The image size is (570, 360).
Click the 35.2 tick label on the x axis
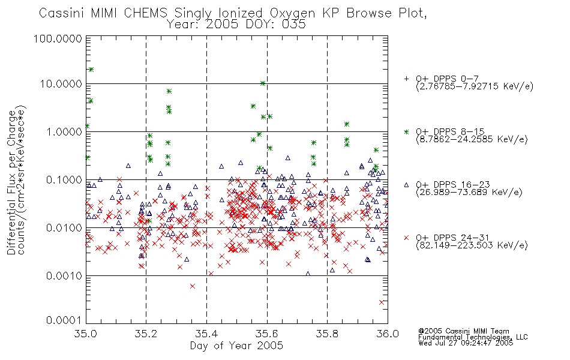146,334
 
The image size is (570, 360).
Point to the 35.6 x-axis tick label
267,334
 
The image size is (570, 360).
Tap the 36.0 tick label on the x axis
388,334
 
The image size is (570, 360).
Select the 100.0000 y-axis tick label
58,38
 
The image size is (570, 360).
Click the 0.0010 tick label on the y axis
64,276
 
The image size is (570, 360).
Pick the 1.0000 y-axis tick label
64,131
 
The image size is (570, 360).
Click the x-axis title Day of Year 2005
236,346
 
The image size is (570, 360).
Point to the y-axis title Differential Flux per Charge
11,182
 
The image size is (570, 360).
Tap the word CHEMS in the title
145,13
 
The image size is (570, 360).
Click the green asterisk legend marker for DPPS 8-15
406,131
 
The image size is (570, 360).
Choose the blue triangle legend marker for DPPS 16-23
406,185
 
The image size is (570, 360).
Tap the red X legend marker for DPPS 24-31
406,238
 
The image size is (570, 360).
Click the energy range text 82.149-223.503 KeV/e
472,245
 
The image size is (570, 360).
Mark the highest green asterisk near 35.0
91,70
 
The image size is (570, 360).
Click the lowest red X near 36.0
382,302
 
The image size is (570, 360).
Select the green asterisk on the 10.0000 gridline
263,83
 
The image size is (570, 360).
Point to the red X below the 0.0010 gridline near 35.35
193,286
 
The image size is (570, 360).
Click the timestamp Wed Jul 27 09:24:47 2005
466,343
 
